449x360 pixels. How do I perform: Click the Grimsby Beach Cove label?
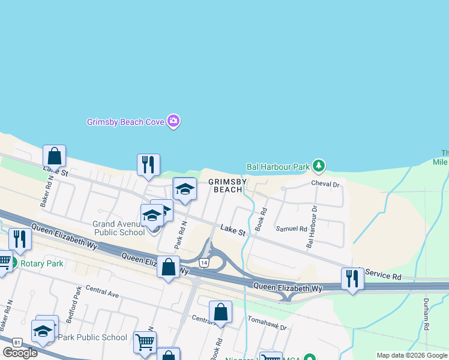pyautogui.click(x=125, y=122)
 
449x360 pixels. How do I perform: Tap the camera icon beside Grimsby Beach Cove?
pyautogui.click(x=173, y=121)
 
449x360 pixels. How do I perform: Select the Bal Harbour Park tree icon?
pyautogui.click(x=319, y=165)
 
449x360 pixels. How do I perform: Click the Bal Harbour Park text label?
pyautogui.click(x=278, y=166)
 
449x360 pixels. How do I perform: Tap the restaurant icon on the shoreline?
pyautogui.click(x=148, y=164)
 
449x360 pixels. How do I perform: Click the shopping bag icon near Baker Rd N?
pyautogui.click(x=54, y=156)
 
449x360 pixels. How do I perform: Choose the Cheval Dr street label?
pyautogui.click(x=325, y=184)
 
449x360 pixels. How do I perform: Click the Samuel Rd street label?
pyautogui.click(x=291, y=229)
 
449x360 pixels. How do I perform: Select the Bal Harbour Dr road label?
pyautogui.click(x=312, y=227)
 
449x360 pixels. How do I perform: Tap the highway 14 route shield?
pyautogui.click(x=205, y=263)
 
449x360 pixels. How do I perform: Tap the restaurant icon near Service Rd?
pyautogui.click(x=352, y=278)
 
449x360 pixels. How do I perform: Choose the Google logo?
pyautogui.click(x=20, y=353)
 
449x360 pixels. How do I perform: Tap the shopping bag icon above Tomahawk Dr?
pyautogui.click(x=220, y=312)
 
